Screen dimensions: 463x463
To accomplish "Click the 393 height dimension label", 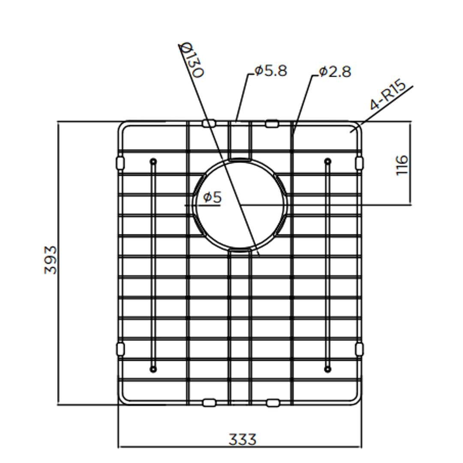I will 51,260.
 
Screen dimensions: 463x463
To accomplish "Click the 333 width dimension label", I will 242,439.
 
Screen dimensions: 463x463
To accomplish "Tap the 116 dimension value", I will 402,165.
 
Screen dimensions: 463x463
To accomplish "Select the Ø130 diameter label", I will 192,60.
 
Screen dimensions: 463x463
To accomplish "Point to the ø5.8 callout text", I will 270,70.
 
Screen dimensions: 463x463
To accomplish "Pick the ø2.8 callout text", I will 335,72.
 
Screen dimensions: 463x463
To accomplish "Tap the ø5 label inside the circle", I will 212,197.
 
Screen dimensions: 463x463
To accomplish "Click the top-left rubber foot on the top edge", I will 208,123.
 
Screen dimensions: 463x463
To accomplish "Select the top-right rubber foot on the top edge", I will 272,123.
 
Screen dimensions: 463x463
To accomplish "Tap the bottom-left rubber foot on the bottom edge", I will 209,403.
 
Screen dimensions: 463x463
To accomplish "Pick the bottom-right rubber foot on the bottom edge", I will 273,403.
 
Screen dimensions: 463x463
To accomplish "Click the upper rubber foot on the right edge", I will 359,162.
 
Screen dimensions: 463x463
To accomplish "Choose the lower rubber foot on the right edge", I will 359,349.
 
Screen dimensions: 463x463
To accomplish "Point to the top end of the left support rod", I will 153,162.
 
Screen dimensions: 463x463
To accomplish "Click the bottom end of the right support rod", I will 328,368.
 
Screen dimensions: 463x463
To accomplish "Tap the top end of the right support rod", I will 328,162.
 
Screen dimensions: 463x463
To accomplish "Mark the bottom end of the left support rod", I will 153,368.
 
